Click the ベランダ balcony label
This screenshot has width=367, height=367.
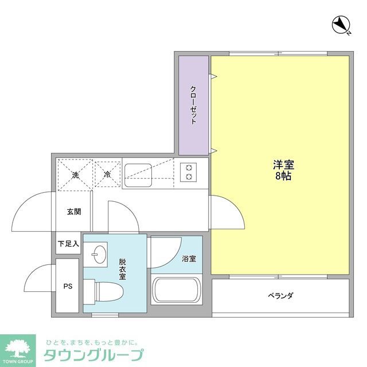(280, 296)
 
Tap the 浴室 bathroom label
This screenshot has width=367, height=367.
(189, 259)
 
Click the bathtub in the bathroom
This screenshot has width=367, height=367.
(176, 291)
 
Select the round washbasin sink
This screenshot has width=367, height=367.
(98, 254)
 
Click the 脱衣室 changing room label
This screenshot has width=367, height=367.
(123, 268)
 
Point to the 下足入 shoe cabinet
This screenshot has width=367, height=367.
(68, 244)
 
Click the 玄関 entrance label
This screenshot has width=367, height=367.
(74, 212)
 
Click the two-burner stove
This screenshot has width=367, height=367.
(188, 172)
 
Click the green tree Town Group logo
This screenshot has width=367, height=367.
(20, 348)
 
